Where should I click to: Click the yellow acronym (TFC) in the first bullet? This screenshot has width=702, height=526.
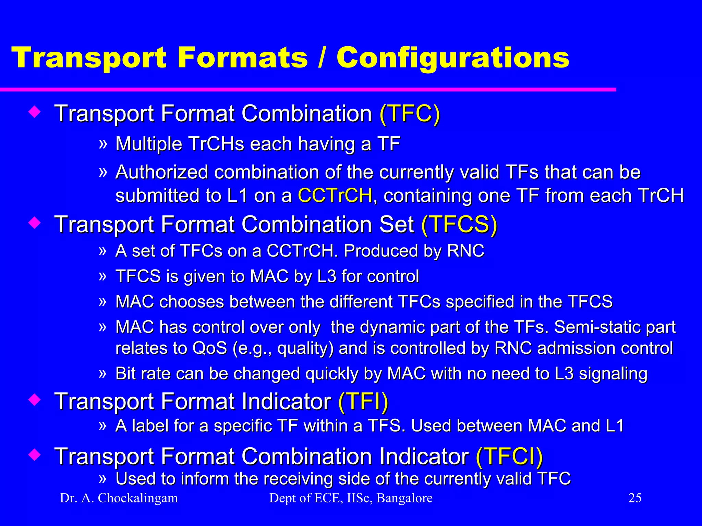coord(410,114)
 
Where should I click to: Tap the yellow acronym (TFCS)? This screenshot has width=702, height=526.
coord(459,225)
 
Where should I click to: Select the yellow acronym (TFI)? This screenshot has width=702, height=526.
coord(363,401)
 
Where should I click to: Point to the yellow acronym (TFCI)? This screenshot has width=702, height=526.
coord(509,456)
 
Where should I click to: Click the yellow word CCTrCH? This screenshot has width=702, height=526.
coord(335,196)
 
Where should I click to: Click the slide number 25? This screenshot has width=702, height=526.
coord(634,498)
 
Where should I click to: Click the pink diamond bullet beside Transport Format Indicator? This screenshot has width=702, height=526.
coord(35,400)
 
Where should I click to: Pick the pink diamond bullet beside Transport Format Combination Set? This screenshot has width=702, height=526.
coord(35,223)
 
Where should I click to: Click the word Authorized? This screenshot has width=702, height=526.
coord(161,172)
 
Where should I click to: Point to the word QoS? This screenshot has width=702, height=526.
coord(209,348)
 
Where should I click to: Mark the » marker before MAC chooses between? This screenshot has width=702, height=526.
coord(102,301)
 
